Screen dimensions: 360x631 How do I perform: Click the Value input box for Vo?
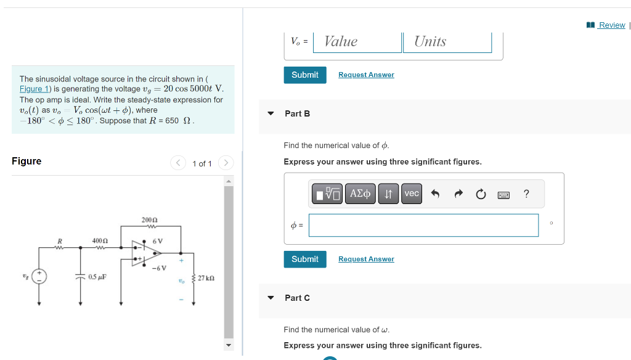358,42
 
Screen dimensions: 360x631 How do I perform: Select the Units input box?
447,42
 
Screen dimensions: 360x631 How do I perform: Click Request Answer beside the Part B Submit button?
366,260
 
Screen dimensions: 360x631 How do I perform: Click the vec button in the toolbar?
412,194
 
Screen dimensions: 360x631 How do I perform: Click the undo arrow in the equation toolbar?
435,194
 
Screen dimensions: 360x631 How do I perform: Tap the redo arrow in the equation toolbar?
458,194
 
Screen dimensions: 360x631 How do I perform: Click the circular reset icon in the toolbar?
481,194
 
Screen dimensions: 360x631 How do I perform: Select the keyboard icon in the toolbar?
503,195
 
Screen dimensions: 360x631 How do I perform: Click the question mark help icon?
526,194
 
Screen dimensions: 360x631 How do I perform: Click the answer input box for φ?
423,226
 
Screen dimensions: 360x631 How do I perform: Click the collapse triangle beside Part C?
271,298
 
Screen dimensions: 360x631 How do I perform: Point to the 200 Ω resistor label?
150,219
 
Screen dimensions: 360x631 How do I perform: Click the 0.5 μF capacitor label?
97,277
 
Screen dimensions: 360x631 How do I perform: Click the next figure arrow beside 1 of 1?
226,163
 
